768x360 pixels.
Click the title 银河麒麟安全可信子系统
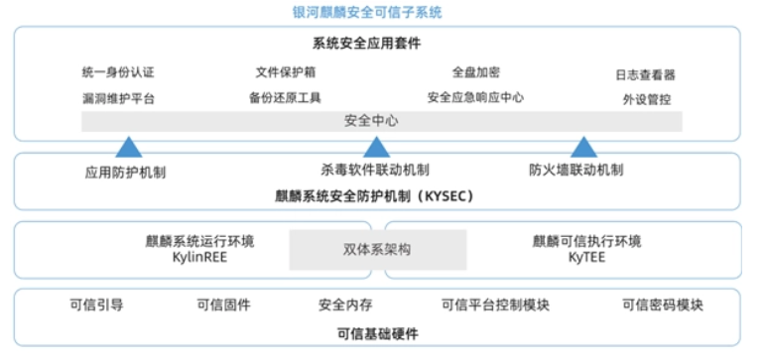click(367, 12)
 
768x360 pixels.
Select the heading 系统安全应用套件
click(366, 44)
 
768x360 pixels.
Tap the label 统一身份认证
click(118, 73)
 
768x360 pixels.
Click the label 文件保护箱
click(286, 72)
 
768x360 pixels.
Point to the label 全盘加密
click(475, 72)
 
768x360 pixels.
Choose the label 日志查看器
click(646, 75)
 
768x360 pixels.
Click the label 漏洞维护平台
click(118, 98)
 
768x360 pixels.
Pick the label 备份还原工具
click(285, 97)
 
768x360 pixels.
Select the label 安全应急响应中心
click(475, 97)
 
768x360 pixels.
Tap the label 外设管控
click(647, 100)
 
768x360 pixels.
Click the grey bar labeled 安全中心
click(382, 121)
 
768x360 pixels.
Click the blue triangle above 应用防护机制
click(129, 148)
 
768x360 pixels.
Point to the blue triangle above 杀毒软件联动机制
click(376, 148)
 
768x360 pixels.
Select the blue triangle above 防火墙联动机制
click(583, 148)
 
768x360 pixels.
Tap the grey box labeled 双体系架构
click(378, 250)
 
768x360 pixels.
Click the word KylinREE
click(199, 257)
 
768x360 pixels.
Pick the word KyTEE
click(586, 257)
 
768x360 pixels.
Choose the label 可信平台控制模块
click(495, 305)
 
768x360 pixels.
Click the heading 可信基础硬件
click(378, 334)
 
